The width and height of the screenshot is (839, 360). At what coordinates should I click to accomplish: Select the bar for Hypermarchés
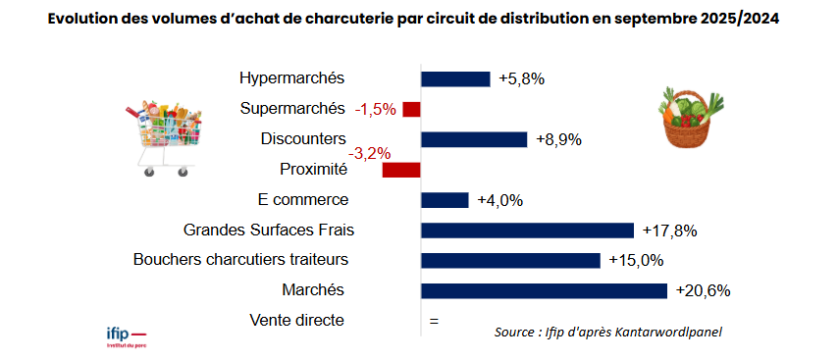(455, 79)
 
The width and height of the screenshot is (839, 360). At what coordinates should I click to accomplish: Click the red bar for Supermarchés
(411, 109)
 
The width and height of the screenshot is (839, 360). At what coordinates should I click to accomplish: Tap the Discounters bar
(474, 139)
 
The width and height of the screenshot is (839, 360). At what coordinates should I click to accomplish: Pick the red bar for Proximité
(401, 170)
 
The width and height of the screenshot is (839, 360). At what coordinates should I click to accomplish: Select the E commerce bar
(445, 200)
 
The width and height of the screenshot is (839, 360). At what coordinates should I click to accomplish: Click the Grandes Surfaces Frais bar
(527, 231)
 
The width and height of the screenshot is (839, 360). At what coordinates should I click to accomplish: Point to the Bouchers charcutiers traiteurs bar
(510, 260)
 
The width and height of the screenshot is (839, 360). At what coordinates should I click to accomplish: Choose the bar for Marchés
(544, 290)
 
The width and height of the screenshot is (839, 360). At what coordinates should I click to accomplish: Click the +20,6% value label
(704, 290)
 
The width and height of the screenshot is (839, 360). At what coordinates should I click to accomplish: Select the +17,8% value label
(669, 231)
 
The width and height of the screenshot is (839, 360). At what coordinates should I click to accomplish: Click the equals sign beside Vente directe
(434, 321)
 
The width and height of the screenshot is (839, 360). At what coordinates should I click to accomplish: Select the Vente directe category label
(298, 320)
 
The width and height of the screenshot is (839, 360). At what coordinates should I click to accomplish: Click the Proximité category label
(313, 169)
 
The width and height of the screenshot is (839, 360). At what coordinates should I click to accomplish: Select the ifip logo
(125, 336)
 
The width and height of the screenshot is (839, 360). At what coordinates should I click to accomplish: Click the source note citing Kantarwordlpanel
(607, 333)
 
